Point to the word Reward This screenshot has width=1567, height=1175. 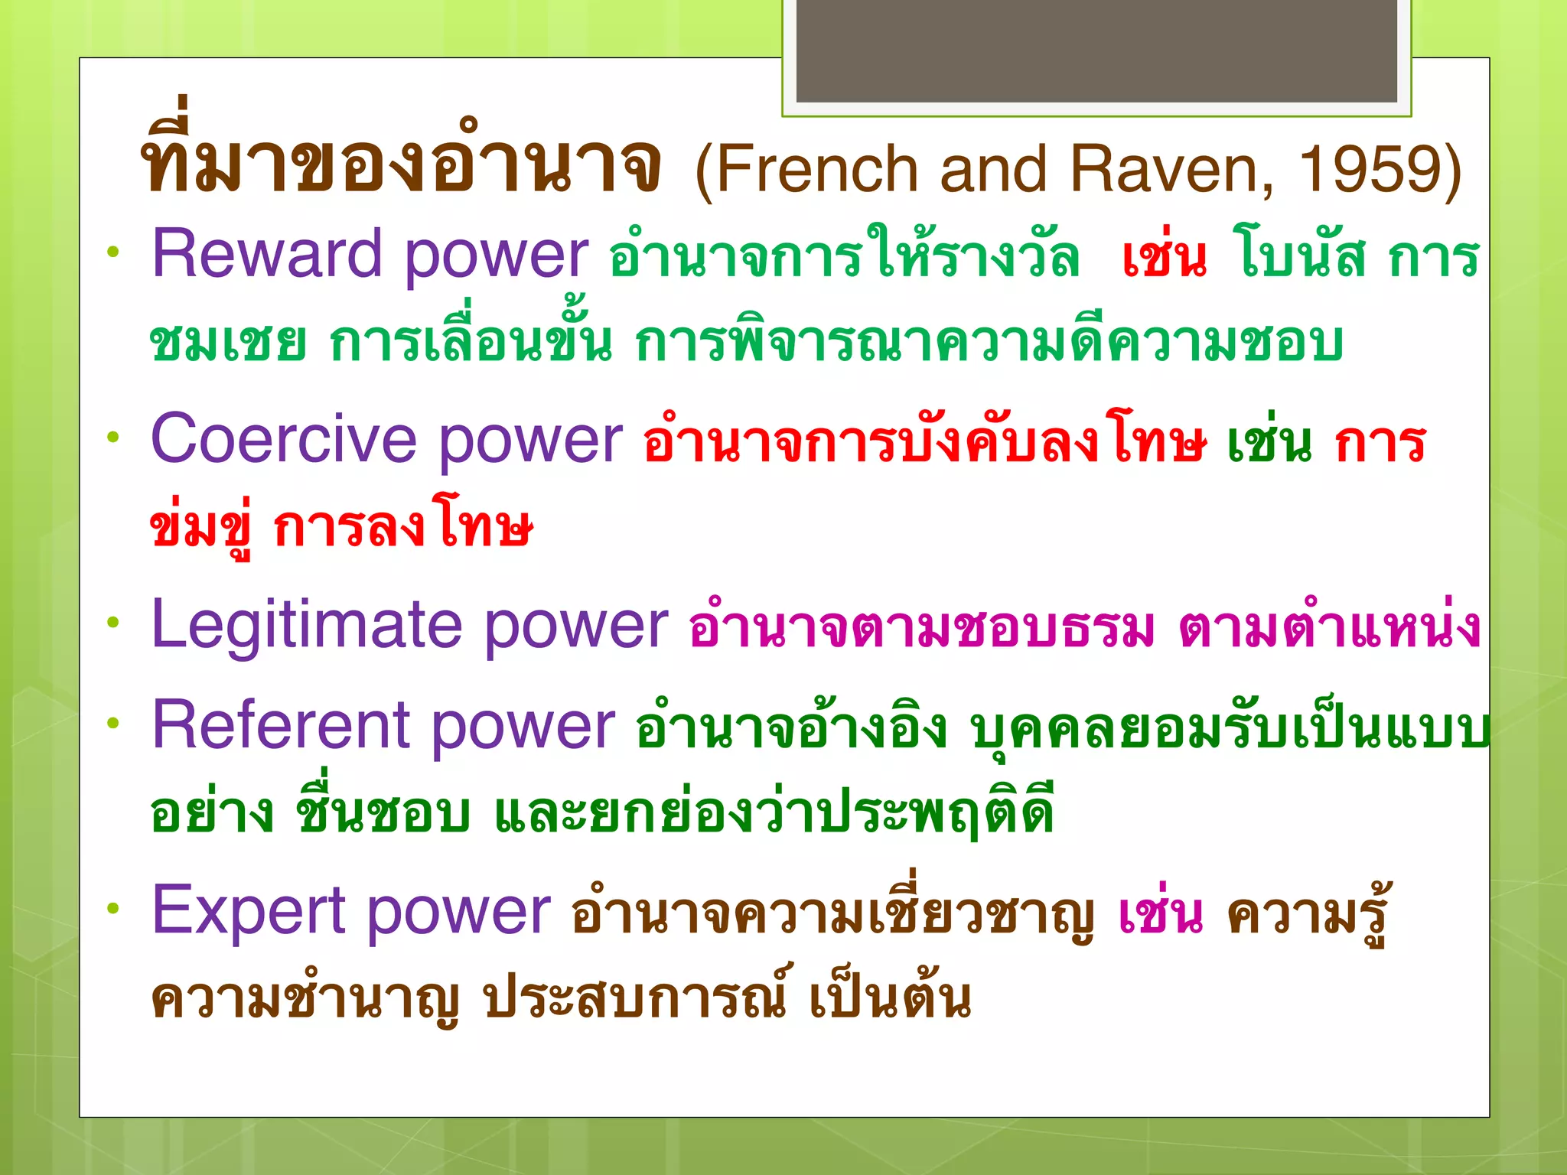pyautogui.click(x=266, y=255)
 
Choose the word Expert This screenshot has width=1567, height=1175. pyautogui.click(x=249, y=910)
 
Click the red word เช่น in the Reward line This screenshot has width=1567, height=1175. pyautogui.click(x=1164, y=258)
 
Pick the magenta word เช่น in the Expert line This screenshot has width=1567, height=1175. pyautogui.click(x=1160, y=913)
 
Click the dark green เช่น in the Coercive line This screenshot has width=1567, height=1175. pyautogui.click(x=1269, y=443)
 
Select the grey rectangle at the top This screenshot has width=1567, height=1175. pyautogui.click(x=1096, y=50)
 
